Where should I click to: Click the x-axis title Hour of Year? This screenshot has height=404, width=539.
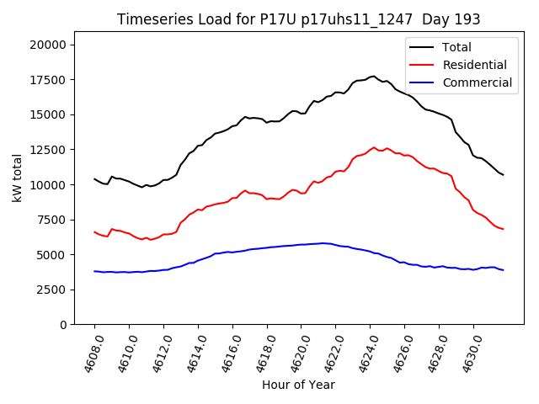298,385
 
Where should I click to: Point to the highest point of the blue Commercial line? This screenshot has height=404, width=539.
323,243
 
